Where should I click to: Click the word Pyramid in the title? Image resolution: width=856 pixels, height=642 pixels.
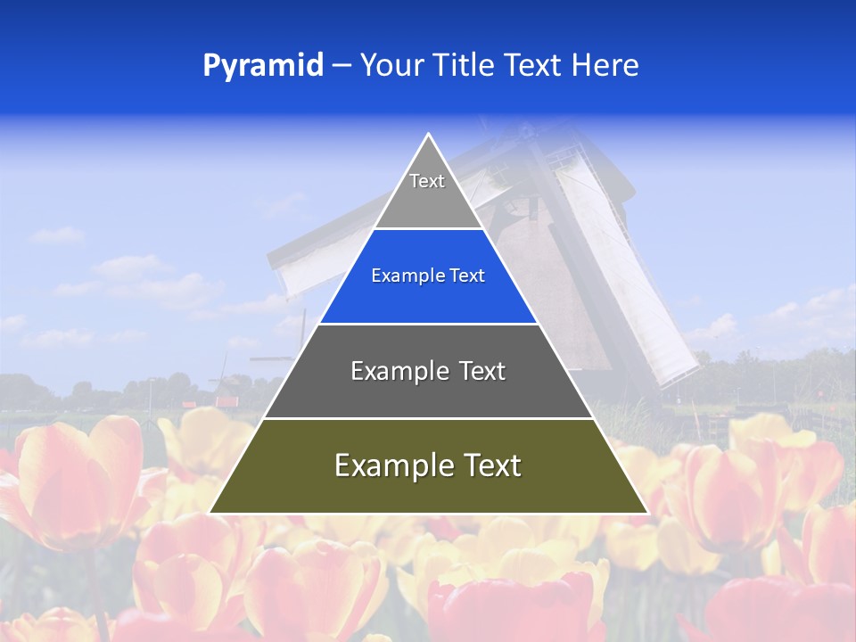tap(262, 66)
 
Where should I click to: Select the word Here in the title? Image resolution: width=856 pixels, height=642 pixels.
tap(605, 66)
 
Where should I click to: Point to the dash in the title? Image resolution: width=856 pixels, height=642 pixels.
tap(341, 66)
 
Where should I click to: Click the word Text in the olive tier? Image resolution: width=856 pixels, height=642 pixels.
tap(486, 465)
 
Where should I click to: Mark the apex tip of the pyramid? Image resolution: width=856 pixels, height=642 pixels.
tap(428, 136)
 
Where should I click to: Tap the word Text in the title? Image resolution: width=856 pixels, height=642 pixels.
tap(534, 66)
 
